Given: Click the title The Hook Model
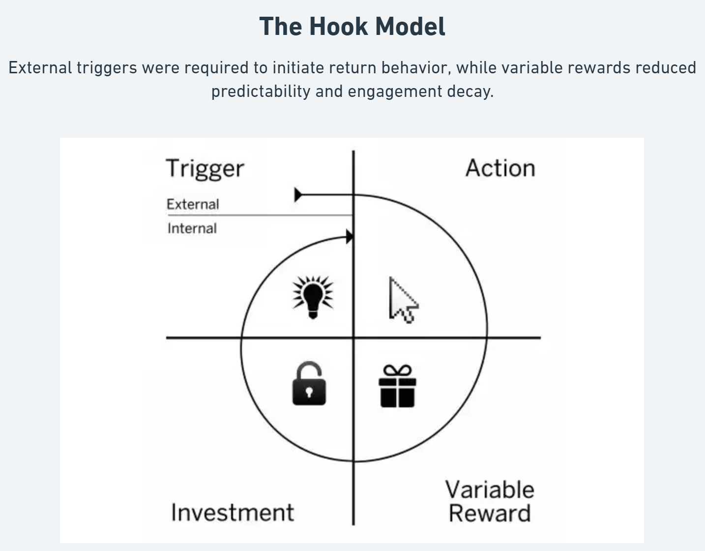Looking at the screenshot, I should pos(352,27).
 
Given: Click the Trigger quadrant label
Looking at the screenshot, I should pos(205,168).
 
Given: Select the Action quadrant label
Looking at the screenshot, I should pos(500,168).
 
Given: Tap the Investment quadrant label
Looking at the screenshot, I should pos(232,512).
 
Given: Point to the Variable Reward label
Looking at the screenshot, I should pos(490,501).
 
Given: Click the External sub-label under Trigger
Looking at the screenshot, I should pos(193,204).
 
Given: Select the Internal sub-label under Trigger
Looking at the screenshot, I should pos(192,228).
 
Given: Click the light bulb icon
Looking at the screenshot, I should pos(313,297).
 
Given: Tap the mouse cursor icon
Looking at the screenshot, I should pos(402,300).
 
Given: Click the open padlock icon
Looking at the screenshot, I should pos(309,385).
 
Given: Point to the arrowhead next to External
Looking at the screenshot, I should pos(298,195).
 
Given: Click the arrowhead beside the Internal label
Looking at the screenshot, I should pos(350,237).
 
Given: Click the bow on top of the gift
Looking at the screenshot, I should pos(397,370).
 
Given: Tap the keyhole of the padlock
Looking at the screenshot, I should pos(309,392).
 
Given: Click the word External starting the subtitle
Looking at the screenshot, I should pos(40,67).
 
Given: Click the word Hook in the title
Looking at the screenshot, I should pos(337,27).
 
